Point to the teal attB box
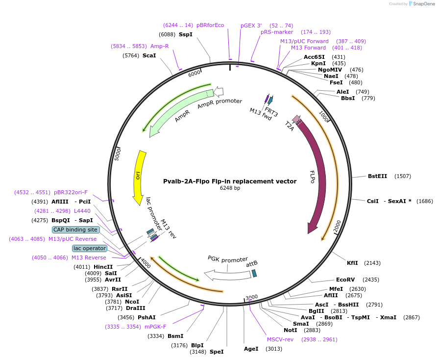(x=254, y=273)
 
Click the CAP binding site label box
(x=75, y=230)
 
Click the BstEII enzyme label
(x=377, y=176)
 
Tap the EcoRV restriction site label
(x=345, y=280)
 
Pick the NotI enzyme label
(x=291, y=330)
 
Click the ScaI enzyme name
(x=149, y=55)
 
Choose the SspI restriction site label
(x=186, y=34)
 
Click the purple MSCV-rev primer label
(x=280, y=339)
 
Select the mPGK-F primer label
(x=155, y=327)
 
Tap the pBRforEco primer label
(x=210, y=25)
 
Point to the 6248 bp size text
(x=230, y=188)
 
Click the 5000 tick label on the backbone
(x=117, y=154)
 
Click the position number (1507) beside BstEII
(x=402, y=176)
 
